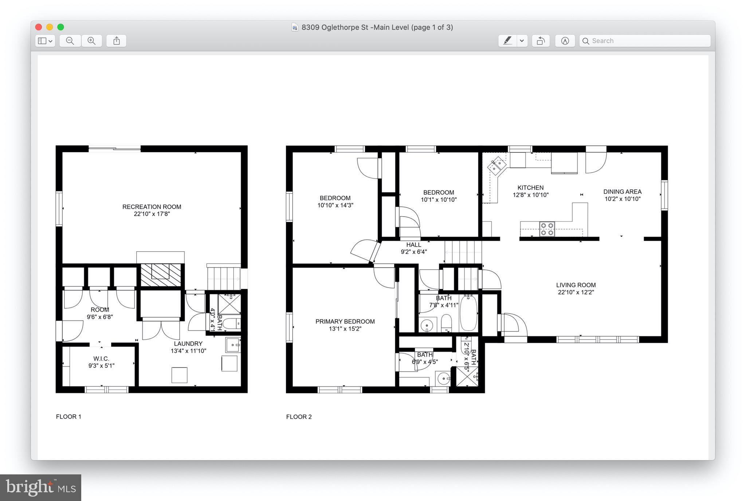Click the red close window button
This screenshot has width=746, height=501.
click(x=39, y=27)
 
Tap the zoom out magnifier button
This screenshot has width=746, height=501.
click(x=70, y=41)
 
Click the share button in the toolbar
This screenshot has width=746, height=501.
click(x=116, y=41)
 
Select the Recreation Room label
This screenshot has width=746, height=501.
click(x=152, y=207)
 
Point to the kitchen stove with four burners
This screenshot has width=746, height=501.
click(x=547, y=229)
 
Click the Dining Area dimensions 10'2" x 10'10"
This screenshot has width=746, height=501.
click(x=622, y=199)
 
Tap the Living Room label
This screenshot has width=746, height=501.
click(x=576, y=285)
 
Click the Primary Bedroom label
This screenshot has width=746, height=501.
click(x=345, y=322)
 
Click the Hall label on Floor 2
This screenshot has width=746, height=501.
click(x=413, y=245)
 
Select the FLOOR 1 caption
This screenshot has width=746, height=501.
click(x=68, y=417)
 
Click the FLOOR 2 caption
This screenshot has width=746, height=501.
click(x=299, y=417)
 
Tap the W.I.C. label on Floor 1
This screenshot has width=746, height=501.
click(x=101, y=359)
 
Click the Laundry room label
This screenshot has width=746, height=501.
click(x=188, y=344)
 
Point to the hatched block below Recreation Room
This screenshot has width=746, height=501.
click(x=161, y=275)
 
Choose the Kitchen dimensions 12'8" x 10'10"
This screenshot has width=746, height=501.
click(x=530, y=195)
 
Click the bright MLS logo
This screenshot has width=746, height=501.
click(x=40, y=488)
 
